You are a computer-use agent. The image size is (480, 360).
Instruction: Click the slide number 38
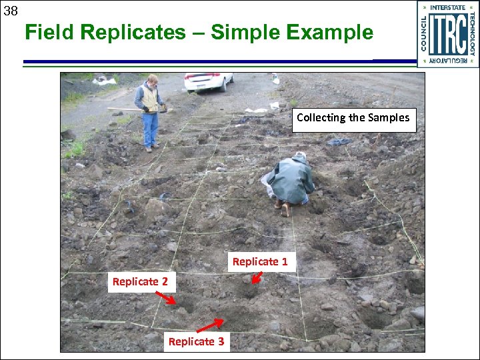10,10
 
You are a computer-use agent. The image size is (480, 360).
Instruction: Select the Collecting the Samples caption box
353,118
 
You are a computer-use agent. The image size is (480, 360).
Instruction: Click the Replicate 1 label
260,262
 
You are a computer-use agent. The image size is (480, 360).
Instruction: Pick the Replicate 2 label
140,282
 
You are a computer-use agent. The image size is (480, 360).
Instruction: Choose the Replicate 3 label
196,342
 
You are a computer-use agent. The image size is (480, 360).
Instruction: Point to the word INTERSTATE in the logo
448,8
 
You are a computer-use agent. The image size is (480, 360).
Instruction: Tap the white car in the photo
208,81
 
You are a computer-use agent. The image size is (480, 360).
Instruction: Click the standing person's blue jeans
151,128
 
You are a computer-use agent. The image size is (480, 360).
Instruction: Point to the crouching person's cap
300,156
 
